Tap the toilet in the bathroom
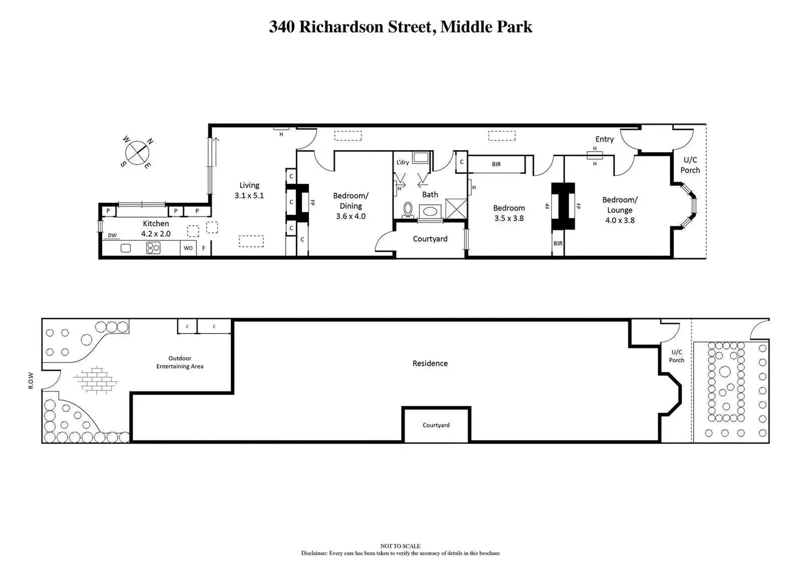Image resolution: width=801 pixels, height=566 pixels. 408,210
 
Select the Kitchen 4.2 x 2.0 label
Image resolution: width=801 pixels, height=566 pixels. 156,228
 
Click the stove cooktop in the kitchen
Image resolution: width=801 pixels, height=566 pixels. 153,248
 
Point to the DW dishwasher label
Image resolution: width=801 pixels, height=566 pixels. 112,235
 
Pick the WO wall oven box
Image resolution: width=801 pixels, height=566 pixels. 188,248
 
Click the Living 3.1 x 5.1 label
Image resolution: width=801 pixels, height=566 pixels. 249,190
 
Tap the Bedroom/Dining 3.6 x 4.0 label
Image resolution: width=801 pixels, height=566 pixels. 350,206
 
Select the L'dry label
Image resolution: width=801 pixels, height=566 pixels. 402,163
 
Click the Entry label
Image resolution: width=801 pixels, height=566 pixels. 604,139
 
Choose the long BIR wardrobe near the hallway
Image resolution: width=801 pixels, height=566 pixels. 496,164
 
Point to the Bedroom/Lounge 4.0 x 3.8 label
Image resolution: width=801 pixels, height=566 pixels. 619,210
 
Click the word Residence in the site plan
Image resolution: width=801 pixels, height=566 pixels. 430,363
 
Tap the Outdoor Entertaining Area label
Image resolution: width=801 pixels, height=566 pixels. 180,362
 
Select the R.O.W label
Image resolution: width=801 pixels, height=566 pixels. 30,380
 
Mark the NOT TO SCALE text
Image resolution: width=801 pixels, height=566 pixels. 400,546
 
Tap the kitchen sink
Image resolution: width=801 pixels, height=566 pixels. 126,248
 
